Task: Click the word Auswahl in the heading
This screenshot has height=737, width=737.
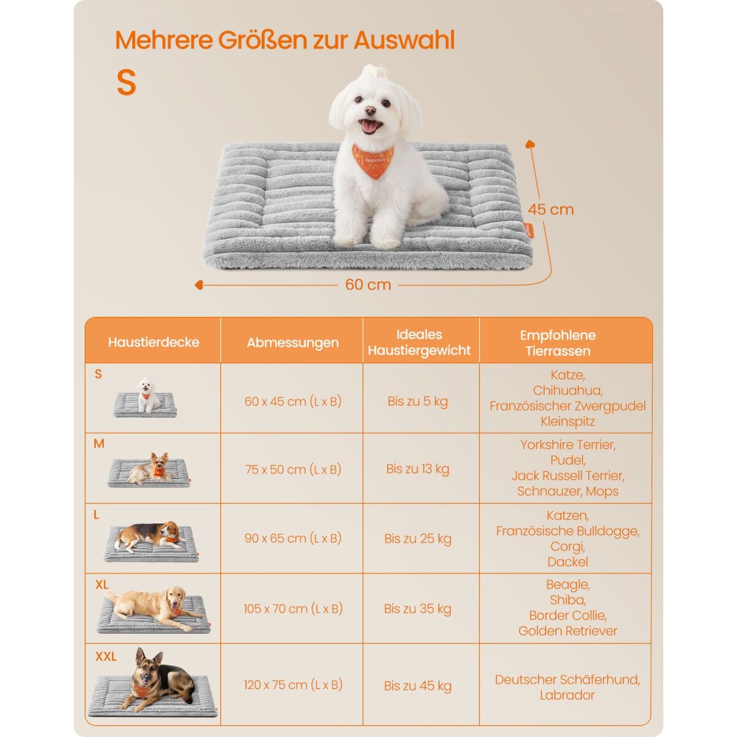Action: pos(404,41)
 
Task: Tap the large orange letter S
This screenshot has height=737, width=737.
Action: pos(126,82)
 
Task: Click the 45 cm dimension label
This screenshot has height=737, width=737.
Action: pos(551,209)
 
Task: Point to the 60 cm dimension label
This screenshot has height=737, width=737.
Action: pos(368,285)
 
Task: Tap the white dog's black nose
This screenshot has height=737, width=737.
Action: pos(370,111)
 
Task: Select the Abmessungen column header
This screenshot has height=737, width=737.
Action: pos(292,343)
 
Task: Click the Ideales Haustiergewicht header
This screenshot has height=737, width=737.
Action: pos(419,343)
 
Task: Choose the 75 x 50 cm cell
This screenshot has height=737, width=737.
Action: pos(293,470)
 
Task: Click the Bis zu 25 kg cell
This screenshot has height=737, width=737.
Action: pos(418,539)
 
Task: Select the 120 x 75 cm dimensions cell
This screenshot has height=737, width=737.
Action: pos(293,685)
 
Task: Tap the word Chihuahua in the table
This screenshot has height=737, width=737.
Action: pos(567,391)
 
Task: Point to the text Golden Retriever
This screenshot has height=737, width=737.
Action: pos(567,631)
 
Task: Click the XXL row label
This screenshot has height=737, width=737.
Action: pos(106,657)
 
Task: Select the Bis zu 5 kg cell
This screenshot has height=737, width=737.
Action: pos(418,402)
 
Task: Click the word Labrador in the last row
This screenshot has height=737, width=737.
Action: pos(567,695)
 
